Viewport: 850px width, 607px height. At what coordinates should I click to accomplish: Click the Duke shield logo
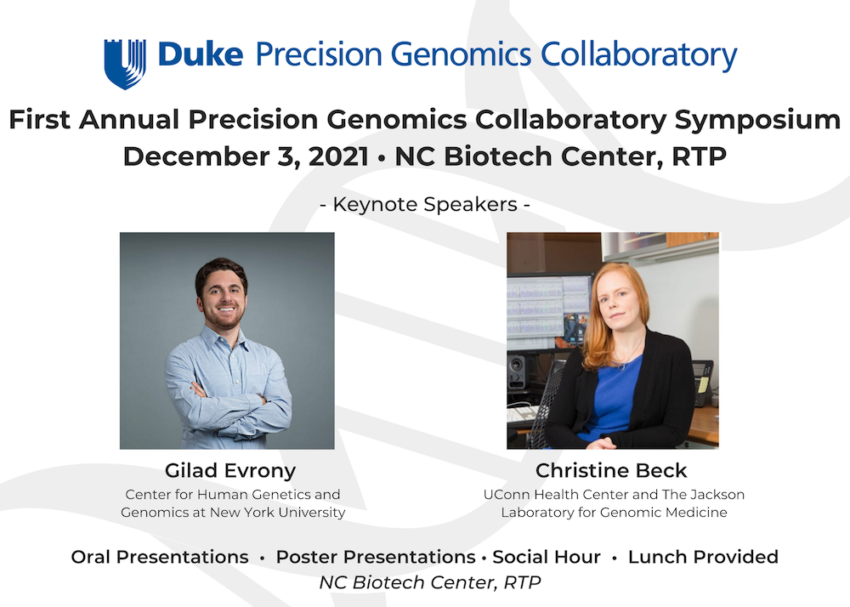(125, 64)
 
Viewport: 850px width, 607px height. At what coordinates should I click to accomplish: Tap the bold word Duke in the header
(201, 54)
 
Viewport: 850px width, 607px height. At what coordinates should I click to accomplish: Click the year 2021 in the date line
(339, 156)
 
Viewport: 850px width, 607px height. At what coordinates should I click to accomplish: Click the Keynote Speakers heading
(425, 204)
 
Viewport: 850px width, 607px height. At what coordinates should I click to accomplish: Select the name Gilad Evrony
(230, 471)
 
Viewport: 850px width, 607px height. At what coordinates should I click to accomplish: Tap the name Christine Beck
(611, 470)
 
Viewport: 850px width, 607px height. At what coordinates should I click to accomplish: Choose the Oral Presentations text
(160, 557)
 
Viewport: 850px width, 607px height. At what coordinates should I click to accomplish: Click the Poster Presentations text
(376, 557)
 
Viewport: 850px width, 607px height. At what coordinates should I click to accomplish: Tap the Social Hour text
(547, 557)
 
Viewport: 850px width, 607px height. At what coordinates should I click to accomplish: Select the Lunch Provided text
(703, 557)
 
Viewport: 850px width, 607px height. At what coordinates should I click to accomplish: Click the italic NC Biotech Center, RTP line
(430, 582)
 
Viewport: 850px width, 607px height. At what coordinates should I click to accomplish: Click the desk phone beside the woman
(703, 382)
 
